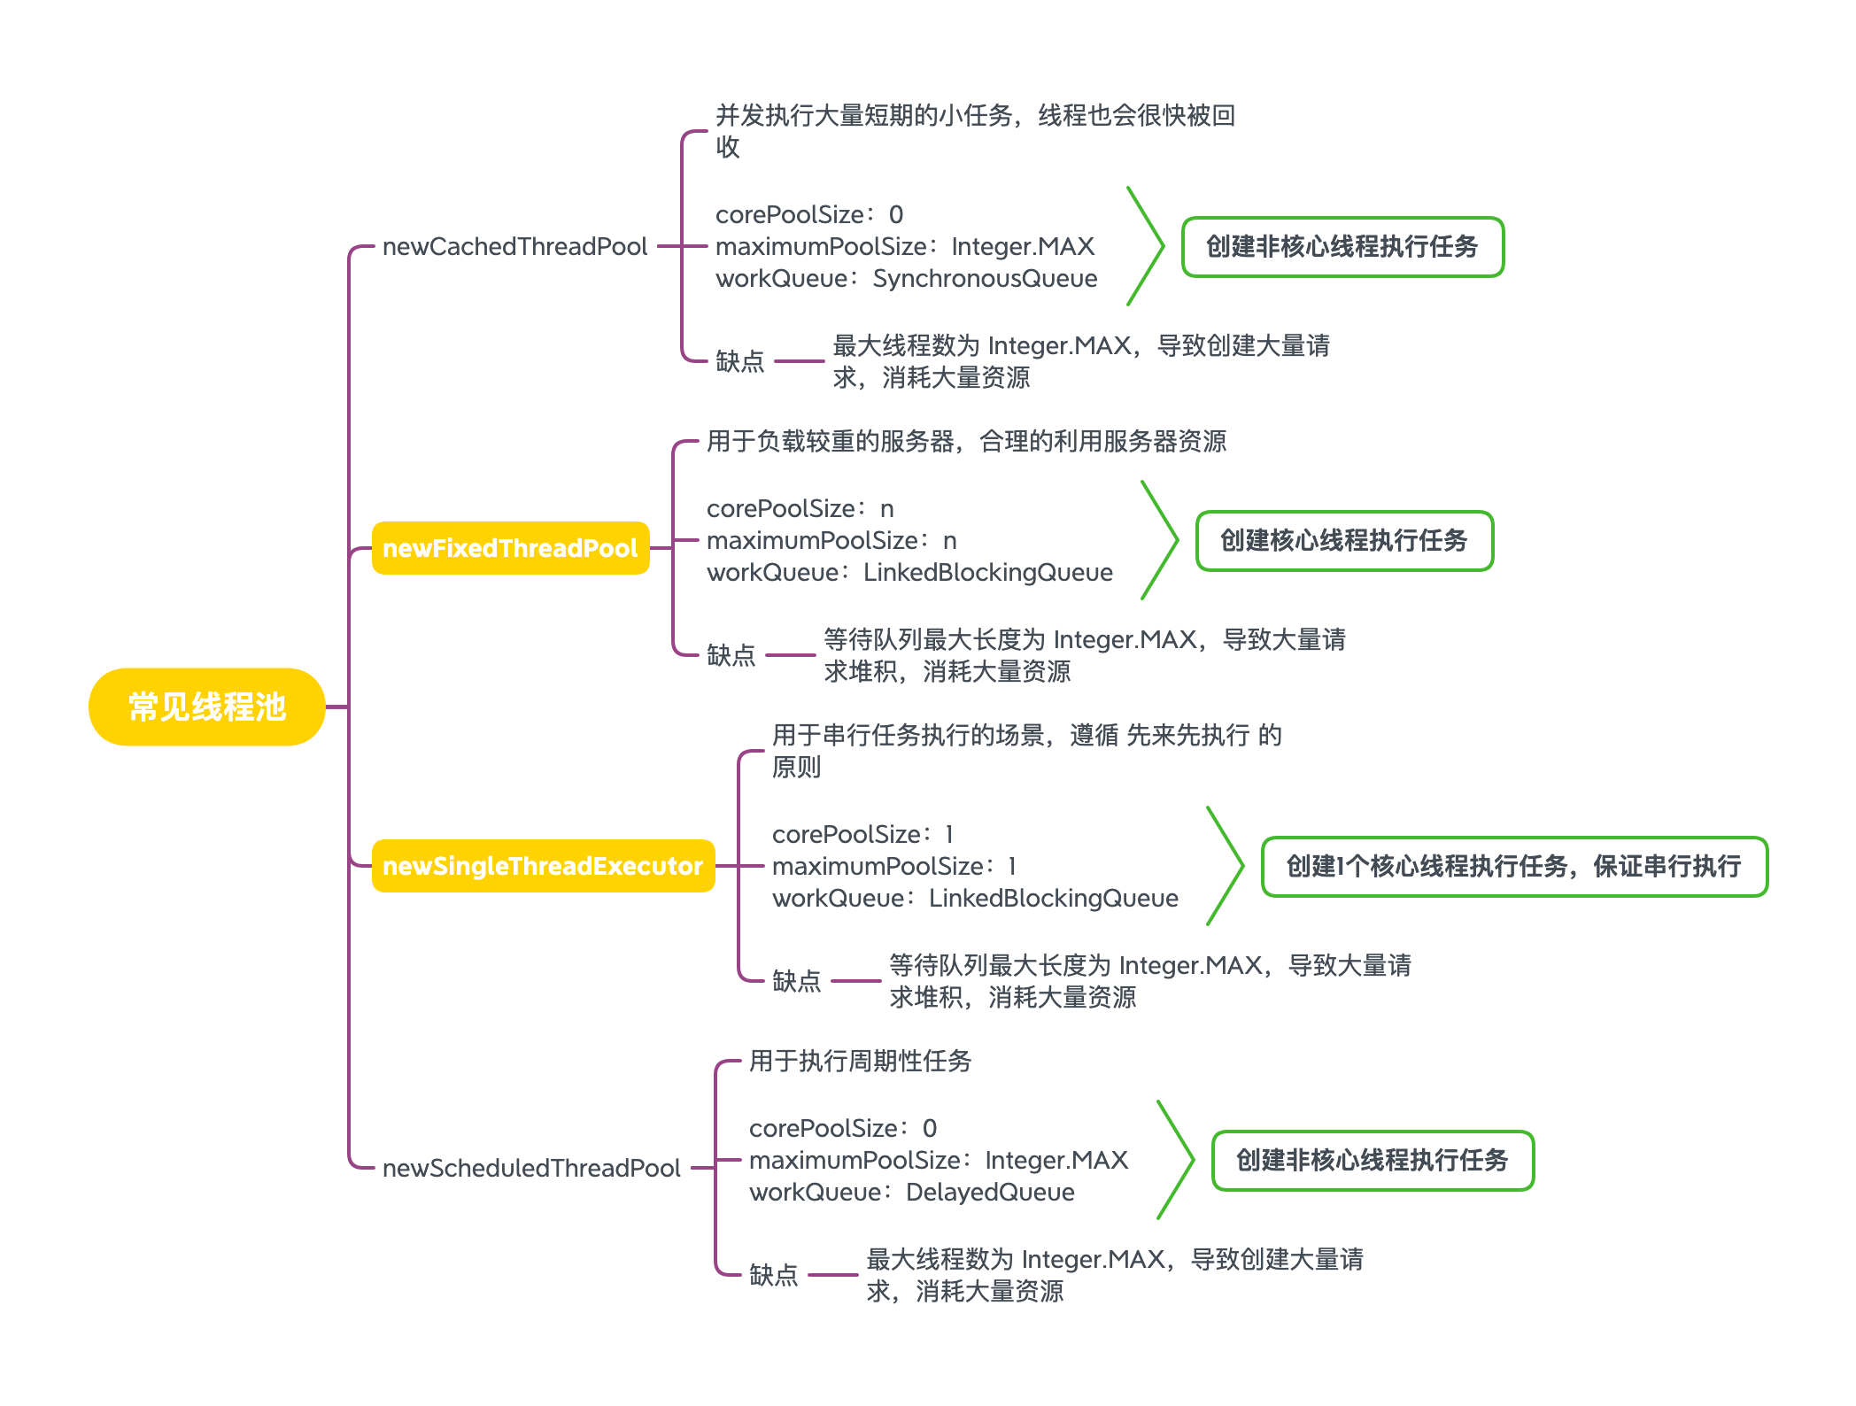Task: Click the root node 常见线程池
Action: (x=206, y=707)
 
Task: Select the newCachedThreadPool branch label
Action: (x=514, y=246)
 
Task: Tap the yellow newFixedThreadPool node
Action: (x=510, y=548)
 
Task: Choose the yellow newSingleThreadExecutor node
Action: (x=542, y=866)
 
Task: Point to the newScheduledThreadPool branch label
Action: (x=531, y=1168)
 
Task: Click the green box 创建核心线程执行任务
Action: (x=1343, y=540)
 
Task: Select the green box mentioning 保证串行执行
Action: (x=1513, y=866)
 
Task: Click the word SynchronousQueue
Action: (x=985, y=279)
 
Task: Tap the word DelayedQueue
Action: (x=990, y=1193)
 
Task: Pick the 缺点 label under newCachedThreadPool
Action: (x=739, y=361)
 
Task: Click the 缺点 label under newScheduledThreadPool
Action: (x=773, y=1275)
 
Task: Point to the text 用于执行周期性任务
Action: (x=860, y=1061)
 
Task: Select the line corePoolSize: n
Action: (x=800, y=509)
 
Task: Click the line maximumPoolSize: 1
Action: (x=893, y=867)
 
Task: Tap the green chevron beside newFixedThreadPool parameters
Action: (x=1160, y=540)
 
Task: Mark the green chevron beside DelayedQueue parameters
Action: (x=1176, y=1160)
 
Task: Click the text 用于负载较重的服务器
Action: (x=831, y=441)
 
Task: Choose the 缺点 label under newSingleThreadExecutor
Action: (x=796, y=981)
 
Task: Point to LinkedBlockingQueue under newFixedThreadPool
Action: (x=987, y=573)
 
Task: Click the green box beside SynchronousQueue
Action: (x=1342, y=246)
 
